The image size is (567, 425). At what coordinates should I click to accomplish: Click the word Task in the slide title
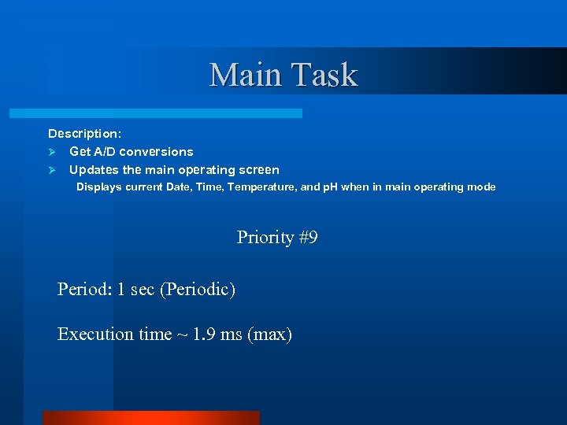tap(324, 76)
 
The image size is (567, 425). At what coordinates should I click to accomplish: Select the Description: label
tap(84, 134)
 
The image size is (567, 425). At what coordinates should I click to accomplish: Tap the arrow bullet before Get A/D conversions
tap(53, 152)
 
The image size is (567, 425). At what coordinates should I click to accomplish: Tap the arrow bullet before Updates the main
tap(53, 170)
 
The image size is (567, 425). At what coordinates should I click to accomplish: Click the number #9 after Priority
tap(308, 238)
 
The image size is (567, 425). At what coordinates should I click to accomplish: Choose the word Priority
tap(265, 238)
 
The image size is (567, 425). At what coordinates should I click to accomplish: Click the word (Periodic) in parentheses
tap(197, 290)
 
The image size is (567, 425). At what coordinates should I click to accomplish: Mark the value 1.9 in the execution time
tap(205, 334)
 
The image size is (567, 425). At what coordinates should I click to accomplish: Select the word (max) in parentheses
tap(269, 334)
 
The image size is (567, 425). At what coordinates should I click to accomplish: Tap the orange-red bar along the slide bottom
tap(150, 417)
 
